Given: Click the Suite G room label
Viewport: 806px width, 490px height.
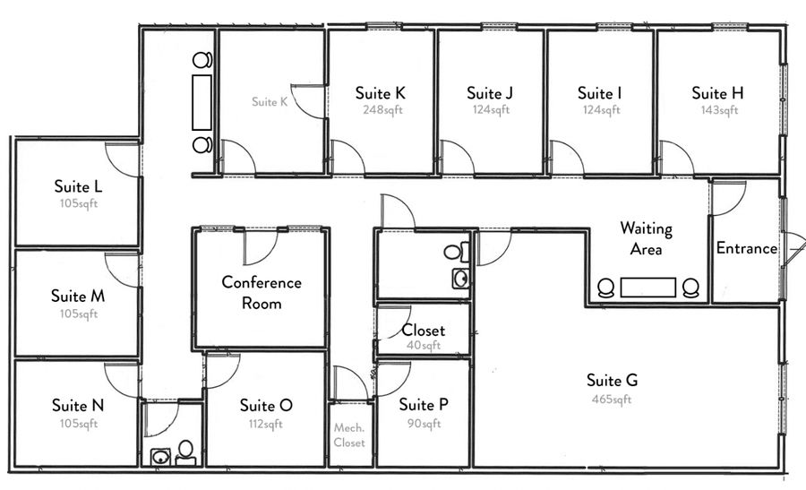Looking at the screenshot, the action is point(612,381).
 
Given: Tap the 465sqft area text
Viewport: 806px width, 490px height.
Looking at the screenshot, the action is point(611,399).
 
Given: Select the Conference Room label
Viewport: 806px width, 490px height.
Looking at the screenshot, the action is point(262,293).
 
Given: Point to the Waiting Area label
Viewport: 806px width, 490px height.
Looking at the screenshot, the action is point(646,238).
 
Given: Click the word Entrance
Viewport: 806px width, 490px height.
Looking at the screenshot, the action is point(746,248).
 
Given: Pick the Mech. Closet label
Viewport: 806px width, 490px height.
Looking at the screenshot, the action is point(349,435).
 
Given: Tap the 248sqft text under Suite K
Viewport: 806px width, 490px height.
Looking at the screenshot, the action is point(382,110).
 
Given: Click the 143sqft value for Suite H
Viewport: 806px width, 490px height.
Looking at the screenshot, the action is point(719,110).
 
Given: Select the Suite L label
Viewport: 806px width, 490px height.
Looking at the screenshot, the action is point(78,186).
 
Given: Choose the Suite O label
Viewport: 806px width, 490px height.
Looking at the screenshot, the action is point(266,405).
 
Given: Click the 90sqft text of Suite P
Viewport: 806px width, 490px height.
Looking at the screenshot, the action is point(424,424).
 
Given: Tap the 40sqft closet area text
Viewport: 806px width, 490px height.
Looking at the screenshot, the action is point(424,345).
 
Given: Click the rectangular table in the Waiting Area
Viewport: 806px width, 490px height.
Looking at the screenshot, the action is point(647,288).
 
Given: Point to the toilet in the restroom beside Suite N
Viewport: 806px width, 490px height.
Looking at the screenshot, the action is point(185,452).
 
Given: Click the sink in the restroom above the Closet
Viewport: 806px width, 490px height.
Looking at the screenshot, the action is point(460,279).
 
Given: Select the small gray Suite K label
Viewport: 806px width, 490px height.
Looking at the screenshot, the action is point(270,102).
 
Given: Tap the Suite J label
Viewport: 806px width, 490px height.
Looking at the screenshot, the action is point(489,93).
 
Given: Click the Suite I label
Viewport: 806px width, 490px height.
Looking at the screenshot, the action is point(599,93).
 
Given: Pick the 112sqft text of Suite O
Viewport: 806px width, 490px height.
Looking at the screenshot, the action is point(265,425).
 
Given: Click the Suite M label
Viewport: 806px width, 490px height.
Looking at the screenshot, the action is point(78,296).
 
